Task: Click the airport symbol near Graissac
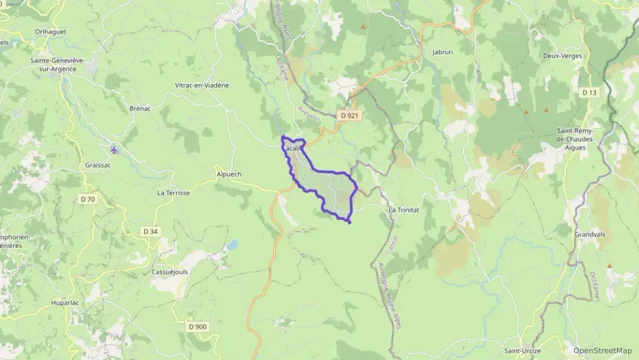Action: (x=113, y=148)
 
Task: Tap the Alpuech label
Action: (x=228, y=174)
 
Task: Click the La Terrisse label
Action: (x=173, y=193)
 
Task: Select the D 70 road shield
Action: (x=87, y=199)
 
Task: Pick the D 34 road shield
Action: (x=150, y=232)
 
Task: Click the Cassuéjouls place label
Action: (x=170, y=271)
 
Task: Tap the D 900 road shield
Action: (x=197, y=327)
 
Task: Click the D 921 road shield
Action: (x=349, y=115)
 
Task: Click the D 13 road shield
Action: (x=590, y=92)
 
